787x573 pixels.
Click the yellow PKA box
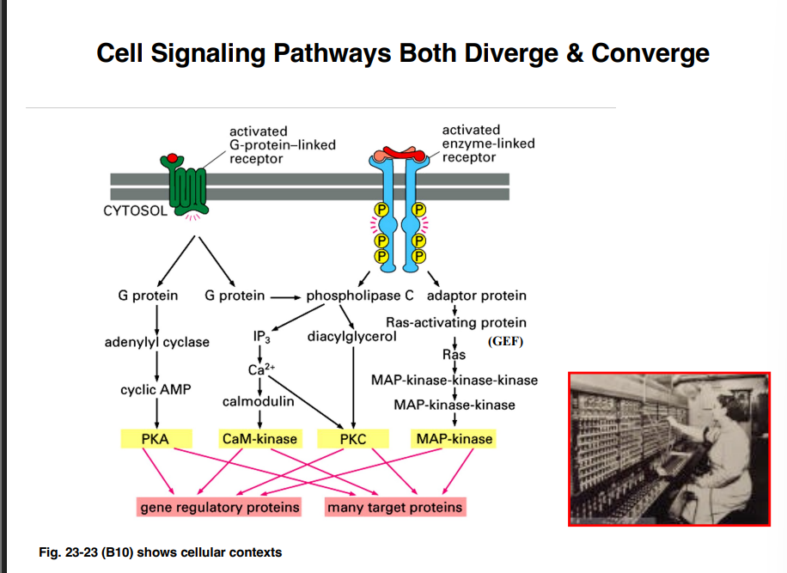tap(156, 439)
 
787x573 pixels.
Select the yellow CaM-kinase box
tap(259, 439)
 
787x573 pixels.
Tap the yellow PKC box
tap(352, 439)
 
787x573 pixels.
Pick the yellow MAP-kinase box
tap(455, 439)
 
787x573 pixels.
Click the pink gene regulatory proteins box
tap(220, 507)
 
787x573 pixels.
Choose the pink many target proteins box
tap(395, 507)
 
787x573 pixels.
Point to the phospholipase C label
tap(360, 296)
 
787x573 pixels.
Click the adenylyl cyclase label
tap(156, 342)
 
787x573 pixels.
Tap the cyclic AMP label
tap(156, 389)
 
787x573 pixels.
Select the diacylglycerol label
tap(352, 336)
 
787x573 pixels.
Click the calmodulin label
tap(258, 401)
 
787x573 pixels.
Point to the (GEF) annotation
tap(505, 341)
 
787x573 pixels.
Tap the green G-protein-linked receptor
tap(186, 189)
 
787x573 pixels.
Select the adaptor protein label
tap(476, 296)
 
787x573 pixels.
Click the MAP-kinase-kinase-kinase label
tap(455, 380)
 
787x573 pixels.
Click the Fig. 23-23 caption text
tap(161, 552)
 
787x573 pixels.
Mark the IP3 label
tap(263, 337)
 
